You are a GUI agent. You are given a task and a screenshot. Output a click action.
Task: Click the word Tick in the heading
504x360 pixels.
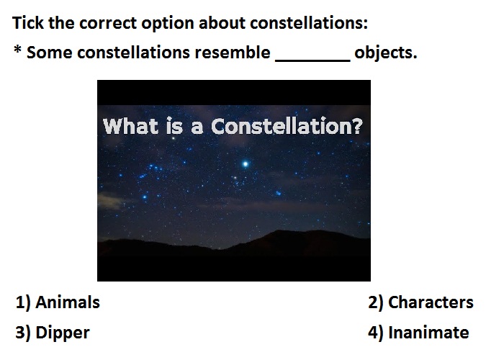tap(27, 23)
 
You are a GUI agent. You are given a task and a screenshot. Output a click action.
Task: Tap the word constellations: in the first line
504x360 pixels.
tap(309, 23)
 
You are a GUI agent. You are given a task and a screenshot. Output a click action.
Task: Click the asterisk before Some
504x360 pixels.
tap(18, 50)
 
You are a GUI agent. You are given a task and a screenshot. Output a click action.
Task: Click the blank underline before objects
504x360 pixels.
tap(312, 60)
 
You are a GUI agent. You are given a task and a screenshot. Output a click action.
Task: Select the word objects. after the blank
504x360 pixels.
tap(386, 53)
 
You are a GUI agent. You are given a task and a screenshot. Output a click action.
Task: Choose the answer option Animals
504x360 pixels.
tap(68, 302)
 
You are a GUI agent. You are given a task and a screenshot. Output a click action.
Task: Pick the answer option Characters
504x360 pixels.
tap(431, 302)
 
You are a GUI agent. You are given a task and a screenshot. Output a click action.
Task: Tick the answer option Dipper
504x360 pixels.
tap(63, 333)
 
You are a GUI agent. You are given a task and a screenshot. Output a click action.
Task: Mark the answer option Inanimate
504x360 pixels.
tap(428, 333)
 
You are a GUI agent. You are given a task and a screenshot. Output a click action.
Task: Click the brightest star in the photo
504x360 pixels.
tap(246, 164)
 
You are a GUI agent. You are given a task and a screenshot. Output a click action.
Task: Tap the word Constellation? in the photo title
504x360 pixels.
tap(287, 126)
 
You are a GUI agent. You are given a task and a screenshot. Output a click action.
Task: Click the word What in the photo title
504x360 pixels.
tap(131, 126)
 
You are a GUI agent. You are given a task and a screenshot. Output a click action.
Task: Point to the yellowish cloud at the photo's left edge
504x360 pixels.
tap(109, 201)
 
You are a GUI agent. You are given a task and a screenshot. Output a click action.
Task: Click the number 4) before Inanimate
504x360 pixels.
tap(376, 333)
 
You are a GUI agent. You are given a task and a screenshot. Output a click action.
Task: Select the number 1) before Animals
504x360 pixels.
tap(23, 302)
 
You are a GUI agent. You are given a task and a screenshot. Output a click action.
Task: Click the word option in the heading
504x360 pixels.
tap(168, 24)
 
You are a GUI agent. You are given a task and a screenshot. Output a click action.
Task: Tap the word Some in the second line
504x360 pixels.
tap(50, 53)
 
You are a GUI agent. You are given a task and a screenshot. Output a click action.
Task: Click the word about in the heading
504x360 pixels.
tap(222, 23)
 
